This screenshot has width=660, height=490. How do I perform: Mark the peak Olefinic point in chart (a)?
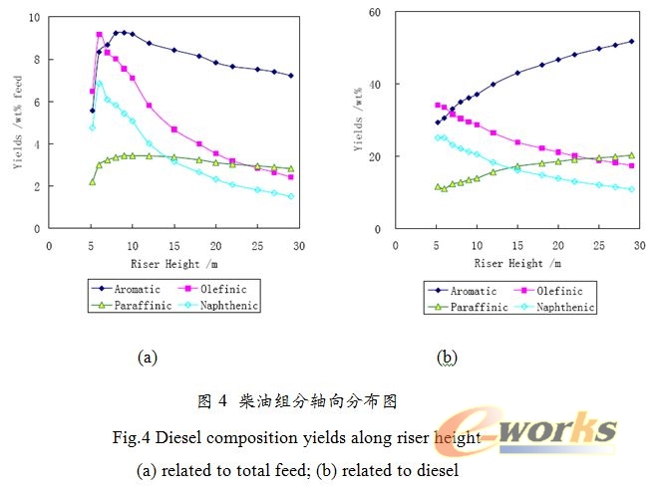click(100, 35)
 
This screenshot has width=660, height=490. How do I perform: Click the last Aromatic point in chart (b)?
click(631, 42)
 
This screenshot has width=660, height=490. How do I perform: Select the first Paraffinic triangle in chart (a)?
click(92, 181)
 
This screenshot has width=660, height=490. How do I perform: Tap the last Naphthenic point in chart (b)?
click(631, 189)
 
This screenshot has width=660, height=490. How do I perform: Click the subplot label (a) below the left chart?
click(147, 355)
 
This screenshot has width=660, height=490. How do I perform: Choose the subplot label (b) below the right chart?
click(446, 355)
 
